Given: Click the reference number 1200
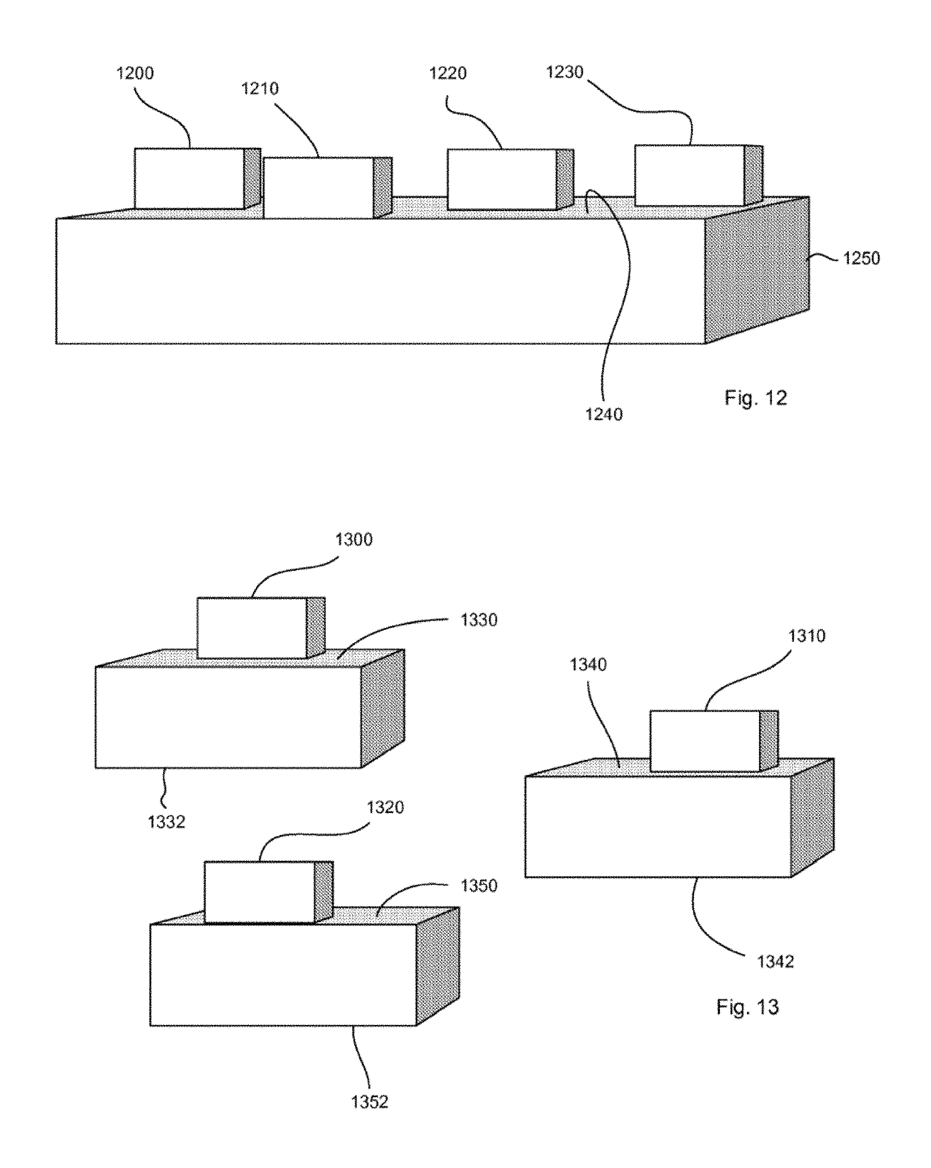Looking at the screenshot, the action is point(135,73).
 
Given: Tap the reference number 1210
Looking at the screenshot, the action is point(260,88).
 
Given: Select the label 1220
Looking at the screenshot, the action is point(448,73).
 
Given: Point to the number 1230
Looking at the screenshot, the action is point(565,72).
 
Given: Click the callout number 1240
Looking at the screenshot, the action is point(604,414).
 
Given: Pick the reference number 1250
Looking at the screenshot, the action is point(861,259).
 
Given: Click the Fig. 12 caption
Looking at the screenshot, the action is point(756,398).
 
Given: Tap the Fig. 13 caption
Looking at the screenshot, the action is point(747,1007).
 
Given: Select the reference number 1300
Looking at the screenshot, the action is point(354,539).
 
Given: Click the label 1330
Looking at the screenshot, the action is point(479,620).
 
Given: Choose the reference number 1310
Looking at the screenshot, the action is point(806,636).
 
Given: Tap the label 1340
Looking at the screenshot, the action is point(588,665).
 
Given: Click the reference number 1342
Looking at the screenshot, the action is point(776,962).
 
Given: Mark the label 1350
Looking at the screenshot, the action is point(479,886).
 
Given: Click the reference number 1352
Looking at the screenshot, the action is point(370,1102).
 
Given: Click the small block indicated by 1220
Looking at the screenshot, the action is point(510,179).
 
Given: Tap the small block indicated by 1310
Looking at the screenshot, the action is point(714,741).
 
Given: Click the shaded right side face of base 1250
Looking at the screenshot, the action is point(757,270).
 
